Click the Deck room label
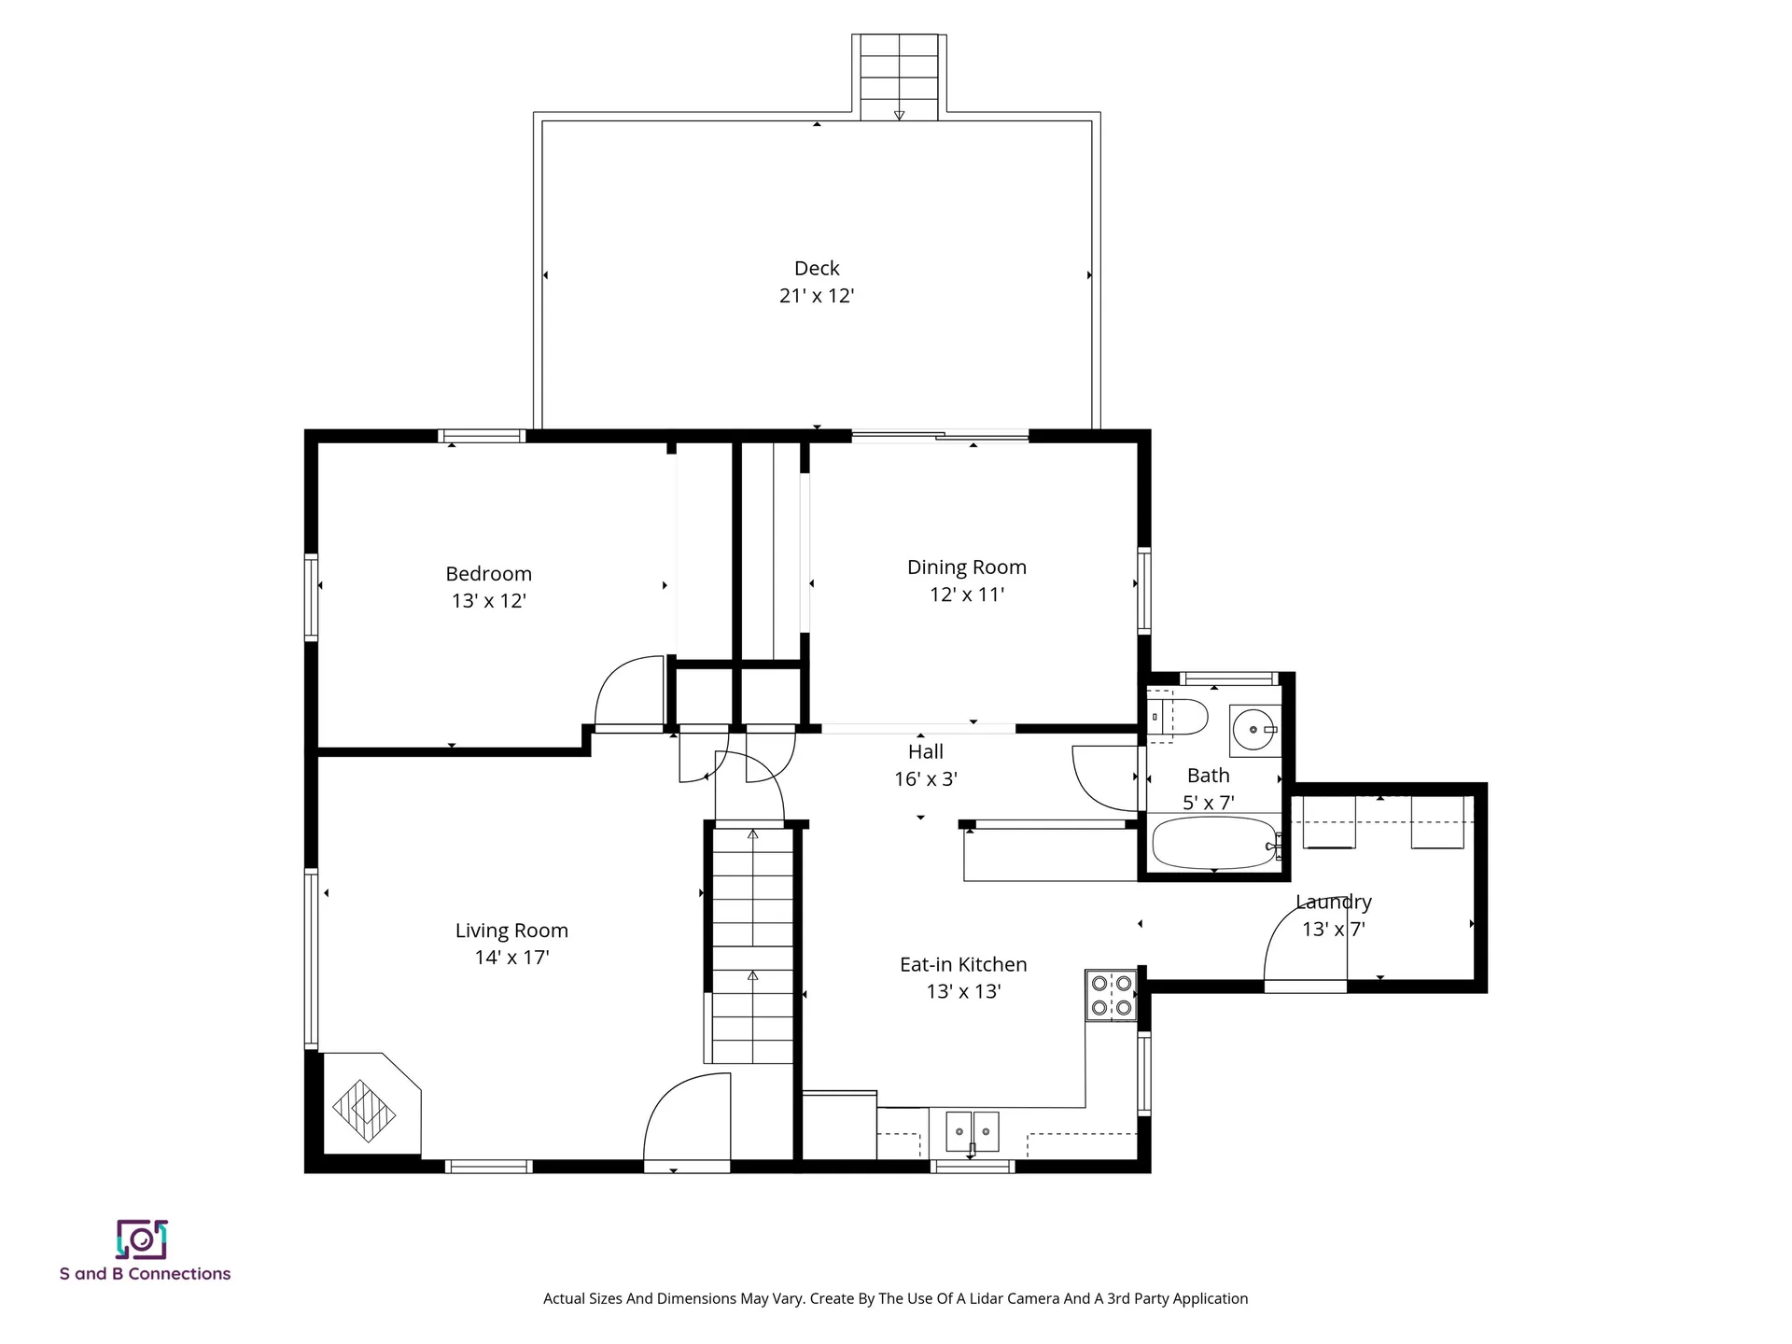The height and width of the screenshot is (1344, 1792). (817, 269)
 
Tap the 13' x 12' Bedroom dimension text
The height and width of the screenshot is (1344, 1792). (489, 601)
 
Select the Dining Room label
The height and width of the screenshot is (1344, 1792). (967, 567)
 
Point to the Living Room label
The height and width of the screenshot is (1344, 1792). (511, 931)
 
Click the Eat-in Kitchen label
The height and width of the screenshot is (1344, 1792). (963, 965)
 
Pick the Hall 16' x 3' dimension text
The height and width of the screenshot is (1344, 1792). (926, 779)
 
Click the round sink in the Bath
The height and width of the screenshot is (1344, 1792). (1253, 730)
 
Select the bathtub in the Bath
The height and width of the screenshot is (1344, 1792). (1214, 844)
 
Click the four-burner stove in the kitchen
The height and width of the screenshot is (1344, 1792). (1111, 995)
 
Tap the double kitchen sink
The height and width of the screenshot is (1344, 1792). (972, 1132)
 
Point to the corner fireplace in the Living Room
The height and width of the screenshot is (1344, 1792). (371, 1105)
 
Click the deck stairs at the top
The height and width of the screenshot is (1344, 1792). (899, 78)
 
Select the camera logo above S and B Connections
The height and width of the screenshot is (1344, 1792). (142, 1239)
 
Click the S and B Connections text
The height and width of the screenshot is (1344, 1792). (145, 1274)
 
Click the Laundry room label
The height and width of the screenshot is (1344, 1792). (1334, 903)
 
